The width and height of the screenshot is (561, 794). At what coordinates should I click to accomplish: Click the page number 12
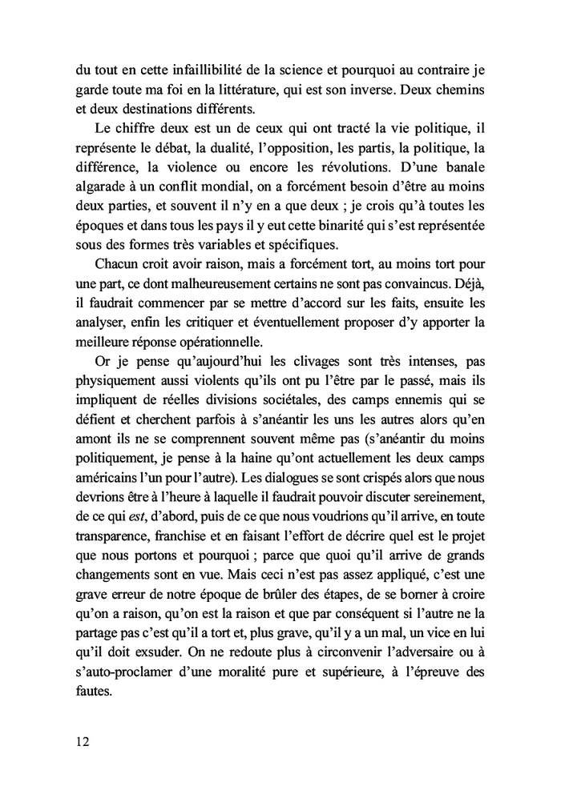(x=79, y=741)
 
